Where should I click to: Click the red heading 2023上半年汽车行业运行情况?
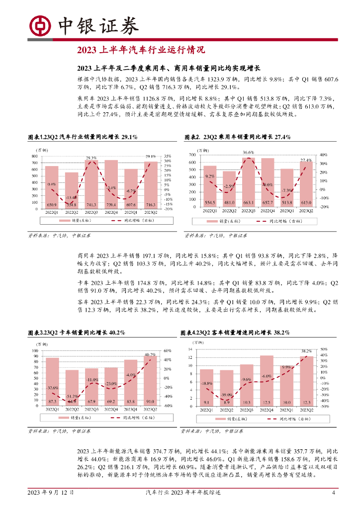pos(141,50)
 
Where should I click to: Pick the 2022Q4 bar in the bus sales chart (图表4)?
pos(267,380)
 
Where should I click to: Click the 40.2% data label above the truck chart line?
pos(150,354)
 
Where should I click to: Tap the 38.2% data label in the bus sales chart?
pos(306,351)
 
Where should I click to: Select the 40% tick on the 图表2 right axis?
pos(323,155)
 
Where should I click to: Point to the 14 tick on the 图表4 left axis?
pos(190,350)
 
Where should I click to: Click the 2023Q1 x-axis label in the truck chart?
pos(131,410)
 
